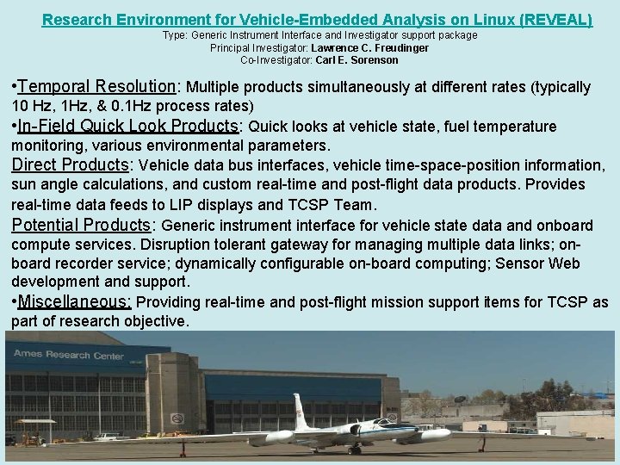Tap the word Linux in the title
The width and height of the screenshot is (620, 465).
coord(478,18)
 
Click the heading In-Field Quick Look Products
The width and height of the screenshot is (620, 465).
coord(128,127)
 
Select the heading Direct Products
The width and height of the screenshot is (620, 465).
coord(69,164)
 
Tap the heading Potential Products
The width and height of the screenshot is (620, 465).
coord(81,226)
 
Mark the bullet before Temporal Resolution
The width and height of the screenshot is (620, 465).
coord(14,88)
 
